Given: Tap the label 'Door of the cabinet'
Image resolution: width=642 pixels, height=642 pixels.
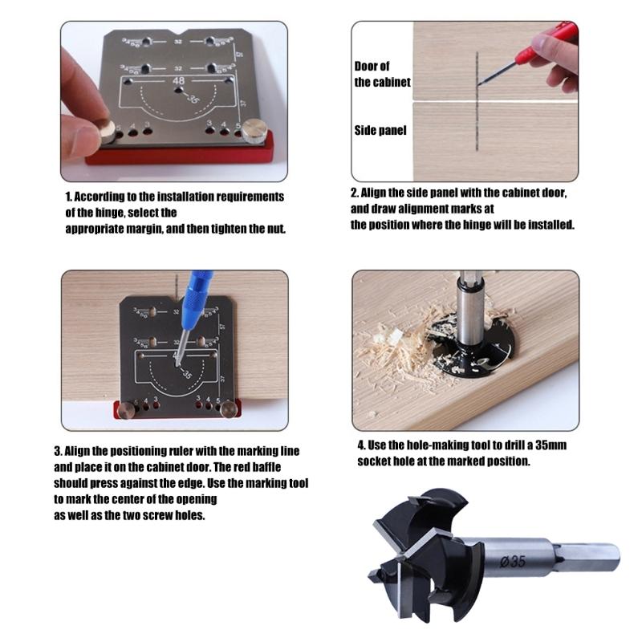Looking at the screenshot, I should [382, 74].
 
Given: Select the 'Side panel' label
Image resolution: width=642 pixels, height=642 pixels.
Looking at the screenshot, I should [380, 130].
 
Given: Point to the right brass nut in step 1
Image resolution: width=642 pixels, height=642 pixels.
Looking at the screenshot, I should [254, 128].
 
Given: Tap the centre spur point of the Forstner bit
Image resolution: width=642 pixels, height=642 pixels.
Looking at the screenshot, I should [375, 578].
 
